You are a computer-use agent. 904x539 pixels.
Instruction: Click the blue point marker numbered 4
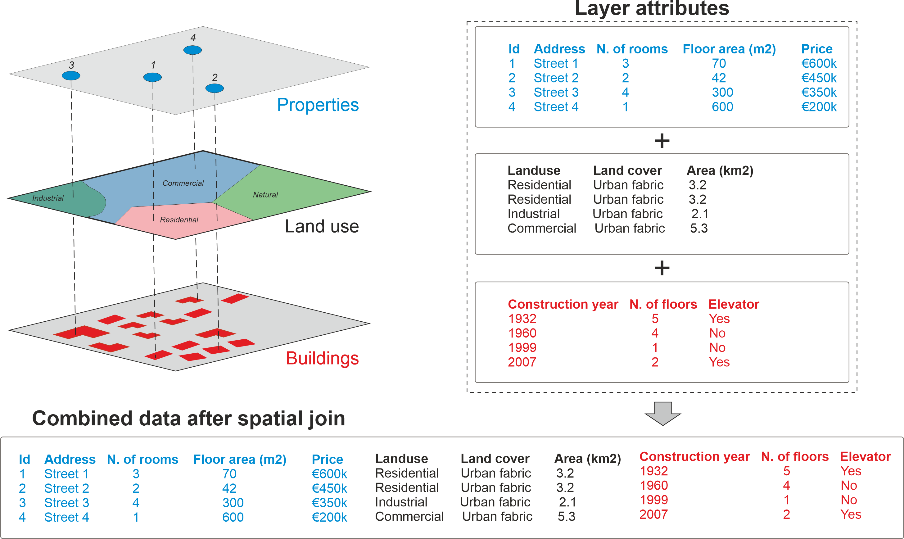pos(192,50)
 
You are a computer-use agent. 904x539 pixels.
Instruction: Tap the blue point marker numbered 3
pos(71,75)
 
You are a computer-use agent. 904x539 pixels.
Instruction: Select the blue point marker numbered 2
pos(214,88)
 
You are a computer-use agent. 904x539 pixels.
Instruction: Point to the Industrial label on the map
pos(47,198)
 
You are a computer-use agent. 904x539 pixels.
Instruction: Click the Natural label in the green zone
pos(265,195)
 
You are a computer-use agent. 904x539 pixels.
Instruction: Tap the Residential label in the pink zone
pos(179,220)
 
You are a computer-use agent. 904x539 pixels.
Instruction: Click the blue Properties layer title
pos(318,105)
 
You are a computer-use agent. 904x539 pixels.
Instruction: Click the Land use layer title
pos(322,226)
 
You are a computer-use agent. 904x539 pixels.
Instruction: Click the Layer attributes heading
pos(652,9)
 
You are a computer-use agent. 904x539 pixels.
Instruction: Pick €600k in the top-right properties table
pos(819,64)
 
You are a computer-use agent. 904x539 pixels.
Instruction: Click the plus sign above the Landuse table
pos(662,141)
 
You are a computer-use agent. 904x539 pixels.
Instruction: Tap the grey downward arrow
pos(662,414)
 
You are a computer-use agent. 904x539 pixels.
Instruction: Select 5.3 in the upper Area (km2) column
pos(698,228)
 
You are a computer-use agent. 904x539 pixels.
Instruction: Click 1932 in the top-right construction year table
pos(522,319)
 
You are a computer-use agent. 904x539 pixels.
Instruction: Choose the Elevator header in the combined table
pos(865,456)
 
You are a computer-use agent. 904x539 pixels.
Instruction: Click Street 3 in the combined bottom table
pos(66,503)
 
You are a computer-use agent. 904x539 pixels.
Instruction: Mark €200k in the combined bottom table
pos(329,517)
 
